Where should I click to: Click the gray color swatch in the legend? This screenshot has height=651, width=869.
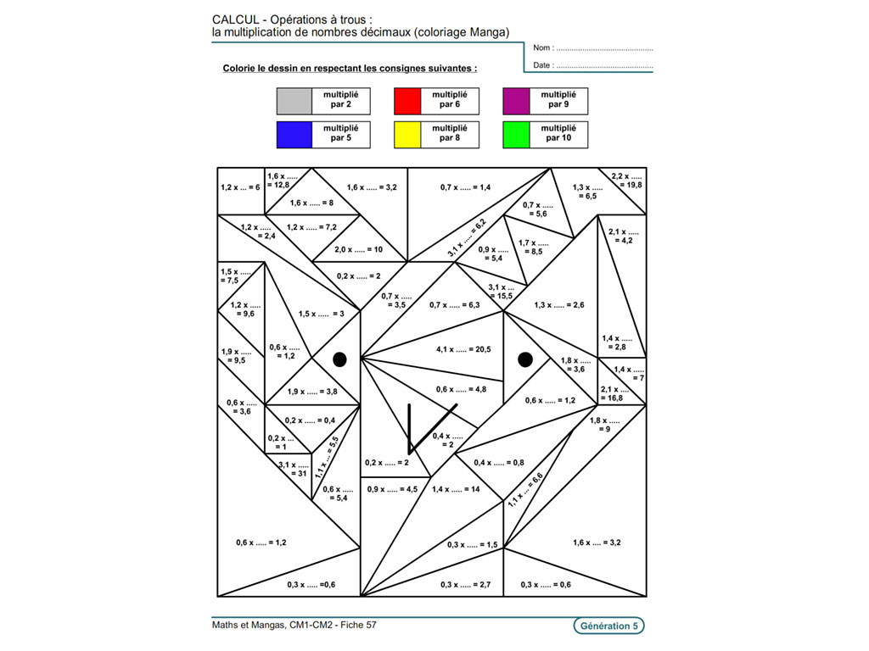click(x=294, y=102)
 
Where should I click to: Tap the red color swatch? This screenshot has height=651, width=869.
click(x=407, y=102)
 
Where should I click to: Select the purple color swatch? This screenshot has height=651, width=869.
click(x=517, y=102)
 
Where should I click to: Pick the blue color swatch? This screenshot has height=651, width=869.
click(x=294, y=135)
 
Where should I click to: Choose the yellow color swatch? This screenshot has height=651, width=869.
click(x=407, y=135)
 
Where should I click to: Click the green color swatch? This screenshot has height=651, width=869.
click(x=517, y=135)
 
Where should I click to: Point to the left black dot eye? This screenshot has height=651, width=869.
click(x=339, y=359)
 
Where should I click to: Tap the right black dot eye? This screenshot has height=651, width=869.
click(x=525, y=359)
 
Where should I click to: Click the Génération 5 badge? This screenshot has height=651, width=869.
click(x=609, y=626)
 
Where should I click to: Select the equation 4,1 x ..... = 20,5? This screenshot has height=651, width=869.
click(x=463, y=349)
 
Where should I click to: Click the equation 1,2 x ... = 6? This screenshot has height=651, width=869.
click(x=240, y=187)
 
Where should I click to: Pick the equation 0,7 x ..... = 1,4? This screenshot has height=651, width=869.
click(x=466, y=187)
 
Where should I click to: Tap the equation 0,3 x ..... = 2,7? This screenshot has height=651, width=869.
click(x=466, y=585)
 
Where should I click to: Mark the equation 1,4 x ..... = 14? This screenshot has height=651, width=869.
click(x=456, y=489)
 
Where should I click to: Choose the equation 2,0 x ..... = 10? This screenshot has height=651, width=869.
click(x=359, y=250)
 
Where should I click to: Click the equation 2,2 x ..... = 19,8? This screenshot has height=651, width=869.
click(x=627, y=181)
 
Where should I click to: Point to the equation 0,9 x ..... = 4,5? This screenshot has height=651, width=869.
click(x=392, y=489)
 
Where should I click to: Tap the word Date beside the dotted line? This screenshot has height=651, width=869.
click(x=542, y=65)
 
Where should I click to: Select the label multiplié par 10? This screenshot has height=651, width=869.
click(x=558, y=133)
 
